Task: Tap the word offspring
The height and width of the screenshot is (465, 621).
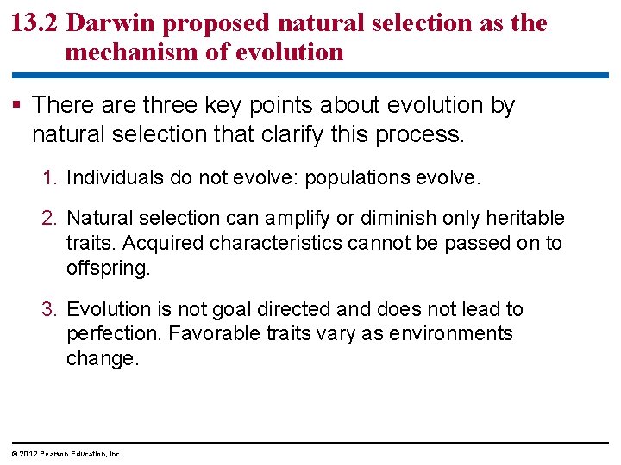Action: click(x=107, y=268)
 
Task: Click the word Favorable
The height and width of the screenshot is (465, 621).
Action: click(x=210, y=333)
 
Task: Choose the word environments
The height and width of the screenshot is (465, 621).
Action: click(x=449, y=333)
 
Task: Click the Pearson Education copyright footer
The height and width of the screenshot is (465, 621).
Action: click(x=67, y=454)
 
